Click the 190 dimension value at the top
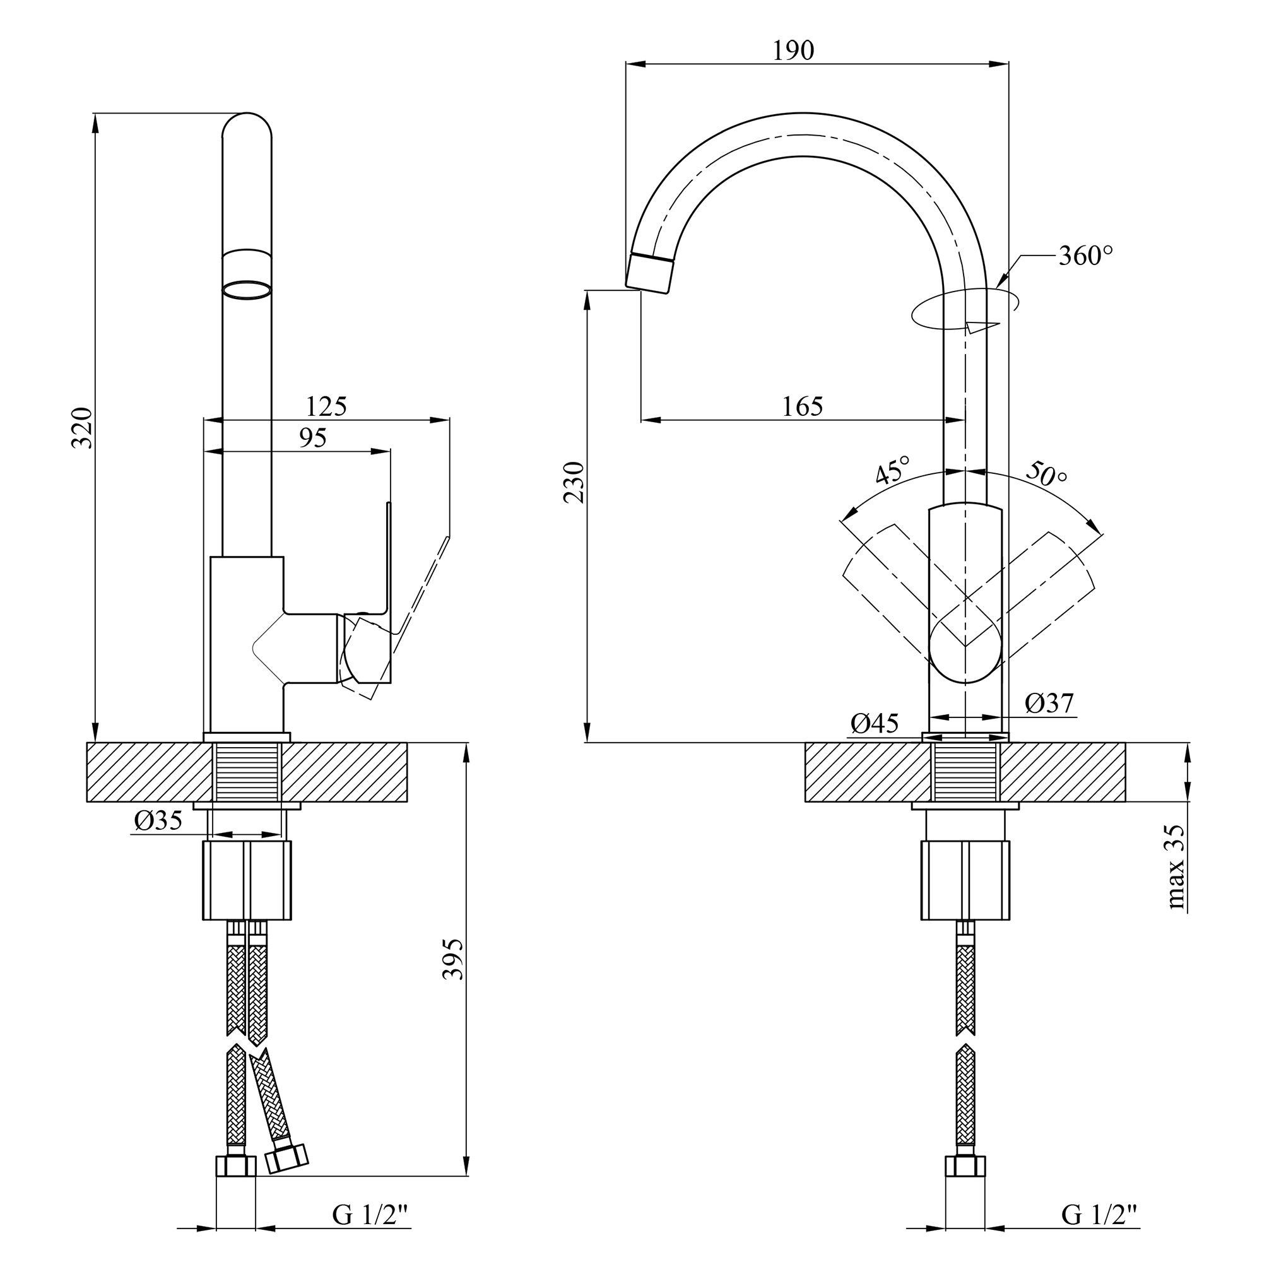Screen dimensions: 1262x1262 click(794, 50)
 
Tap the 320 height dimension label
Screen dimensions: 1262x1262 click(82, 428)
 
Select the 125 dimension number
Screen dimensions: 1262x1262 click(326, 407)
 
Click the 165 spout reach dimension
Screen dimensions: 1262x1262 click(803, 407)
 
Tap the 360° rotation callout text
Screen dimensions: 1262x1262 click(1085, 256)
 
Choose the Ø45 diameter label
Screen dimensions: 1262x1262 click(875, 723)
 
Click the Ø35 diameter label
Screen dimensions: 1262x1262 click(158, 820)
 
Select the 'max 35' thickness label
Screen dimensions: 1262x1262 click(1175, 867)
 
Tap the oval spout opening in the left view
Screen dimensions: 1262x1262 click(247, 290)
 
